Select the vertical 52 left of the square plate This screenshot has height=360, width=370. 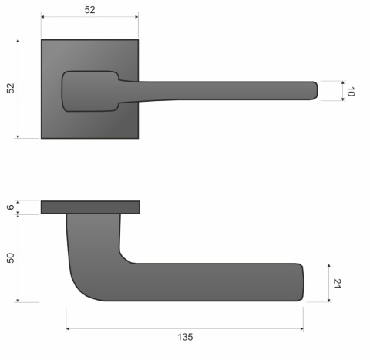[10, 89]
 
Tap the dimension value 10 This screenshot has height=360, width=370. [351, 91]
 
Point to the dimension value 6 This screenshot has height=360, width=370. [10, 207]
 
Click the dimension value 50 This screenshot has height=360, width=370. [10, 257]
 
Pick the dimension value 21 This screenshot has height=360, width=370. [336, 282]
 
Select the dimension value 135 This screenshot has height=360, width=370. [185, 338]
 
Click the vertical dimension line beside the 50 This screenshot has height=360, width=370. [20, 257]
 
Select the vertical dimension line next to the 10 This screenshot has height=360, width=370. [341, 91]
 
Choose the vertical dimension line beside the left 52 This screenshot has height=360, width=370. [19, 89]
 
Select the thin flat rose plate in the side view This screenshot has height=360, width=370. [90, 207]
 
